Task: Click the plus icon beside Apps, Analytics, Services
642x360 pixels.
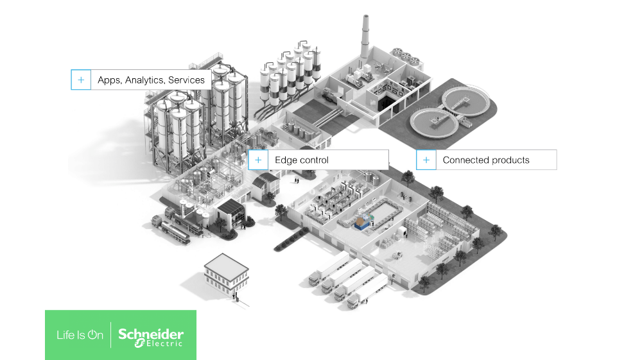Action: click(81, 80)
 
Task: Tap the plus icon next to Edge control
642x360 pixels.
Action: click(258, 160)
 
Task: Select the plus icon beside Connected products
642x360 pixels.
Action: click(426, 160)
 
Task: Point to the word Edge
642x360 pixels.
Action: click(286, 160)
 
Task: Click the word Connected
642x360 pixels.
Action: click(463, 160)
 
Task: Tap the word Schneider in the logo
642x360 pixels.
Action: click(151, 334)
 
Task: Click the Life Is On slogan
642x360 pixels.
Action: click(80, 335)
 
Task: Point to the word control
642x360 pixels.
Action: click(314, 160)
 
